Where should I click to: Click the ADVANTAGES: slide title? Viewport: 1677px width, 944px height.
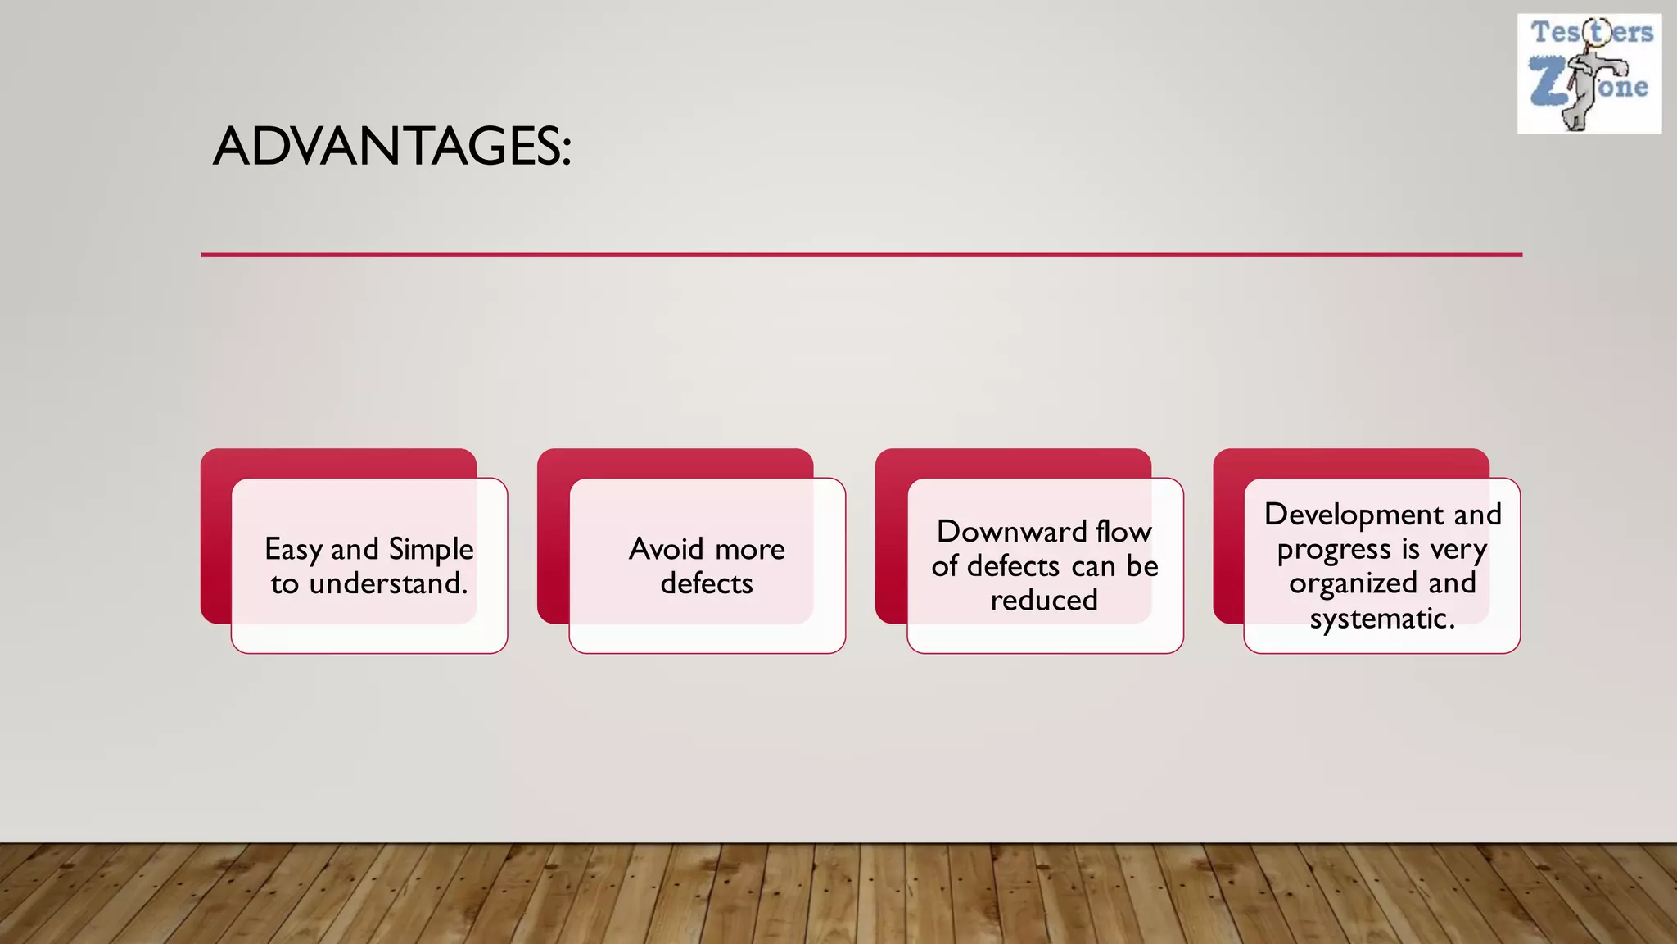(391, 147)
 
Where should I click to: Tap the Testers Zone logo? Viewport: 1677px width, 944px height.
(1589, 74)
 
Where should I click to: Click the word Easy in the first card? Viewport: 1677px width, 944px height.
(294, 549)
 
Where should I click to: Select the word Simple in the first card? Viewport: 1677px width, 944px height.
(431, 549)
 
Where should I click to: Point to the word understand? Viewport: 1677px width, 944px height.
(388, 583)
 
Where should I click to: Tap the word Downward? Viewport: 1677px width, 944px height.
(1012, 531)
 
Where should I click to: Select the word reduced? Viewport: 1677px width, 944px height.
(1044, 600)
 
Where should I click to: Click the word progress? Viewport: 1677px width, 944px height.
(1334, 550)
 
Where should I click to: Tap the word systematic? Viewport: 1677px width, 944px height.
(1382, 619)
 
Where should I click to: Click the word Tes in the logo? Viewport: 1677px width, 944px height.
(1555, 32)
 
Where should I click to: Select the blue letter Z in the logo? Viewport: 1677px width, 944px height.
(1547, 82)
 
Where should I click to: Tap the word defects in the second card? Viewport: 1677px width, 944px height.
(707, 583)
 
